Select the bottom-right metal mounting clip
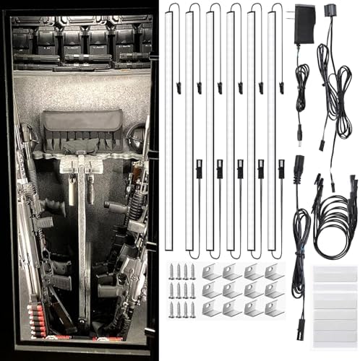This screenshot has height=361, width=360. pyautogui.click(x=274, y=308)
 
